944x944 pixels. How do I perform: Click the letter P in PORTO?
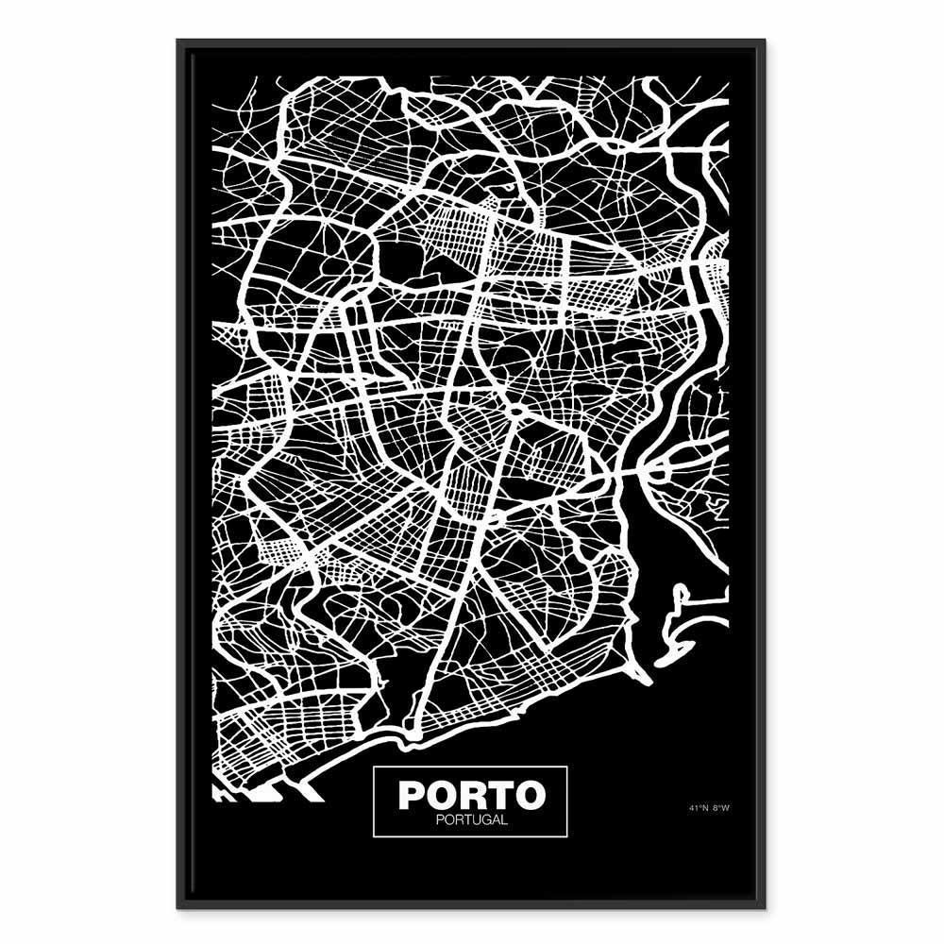411,795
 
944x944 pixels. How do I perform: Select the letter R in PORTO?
471,795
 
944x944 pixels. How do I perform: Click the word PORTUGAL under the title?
470,819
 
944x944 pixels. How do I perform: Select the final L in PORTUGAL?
504,819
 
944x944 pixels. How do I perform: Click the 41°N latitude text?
699,808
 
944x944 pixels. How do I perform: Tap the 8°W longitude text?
721,808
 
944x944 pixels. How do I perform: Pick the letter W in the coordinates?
726,808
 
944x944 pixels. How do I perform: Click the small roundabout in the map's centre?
516,413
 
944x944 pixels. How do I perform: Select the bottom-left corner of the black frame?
178,907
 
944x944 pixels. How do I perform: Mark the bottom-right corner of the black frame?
765,907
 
